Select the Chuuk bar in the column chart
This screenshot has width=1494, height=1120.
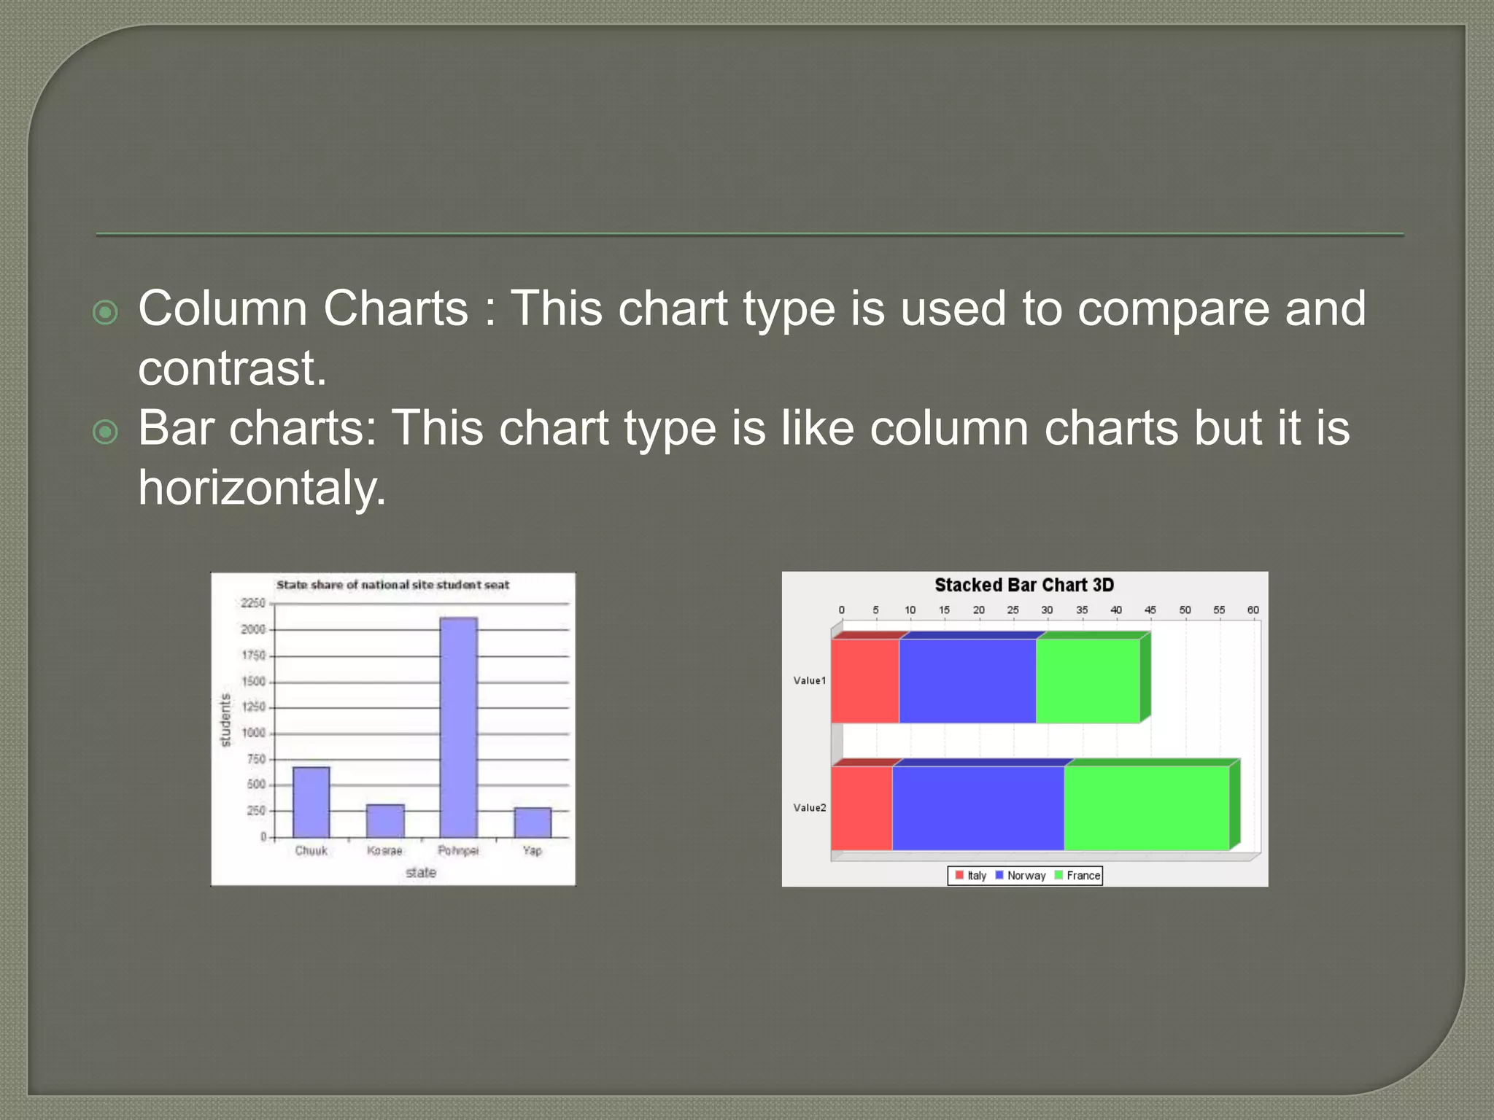[x=311, y=801]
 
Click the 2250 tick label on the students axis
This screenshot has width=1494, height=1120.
[x=253, y=603]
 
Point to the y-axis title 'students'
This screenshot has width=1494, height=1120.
[x=225, y=720]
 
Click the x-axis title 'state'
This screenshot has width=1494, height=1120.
[x=421, y=872]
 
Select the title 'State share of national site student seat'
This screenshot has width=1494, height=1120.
[x=392, y=585]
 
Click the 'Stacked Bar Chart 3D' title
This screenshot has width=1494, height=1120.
[x=1024, y=585]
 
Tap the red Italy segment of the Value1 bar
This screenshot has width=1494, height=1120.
[x=865, y=681]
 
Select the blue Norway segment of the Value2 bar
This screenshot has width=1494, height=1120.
[x=978, y=807]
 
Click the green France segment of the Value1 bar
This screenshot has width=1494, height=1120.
[x=1088, y=681]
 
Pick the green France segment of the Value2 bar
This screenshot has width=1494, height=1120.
[x=1146, y=807]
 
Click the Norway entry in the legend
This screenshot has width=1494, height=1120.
[x=1021, y=875]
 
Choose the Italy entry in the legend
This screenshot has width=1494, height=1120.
[x=972, y=875]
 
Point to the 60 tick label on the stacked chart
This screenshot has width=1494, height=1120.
[x=1253, y=610]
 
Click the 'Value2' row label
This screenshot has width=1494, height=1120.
[x=810, y=807]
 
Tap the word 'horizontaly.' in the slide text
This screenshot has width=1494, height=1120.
[x=262, y=487]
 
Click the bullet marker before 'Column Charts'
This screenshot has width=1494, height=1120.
[x=106, y=312]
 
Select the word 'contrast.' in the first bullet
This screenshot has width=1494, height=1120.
[x=232, y=367]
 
